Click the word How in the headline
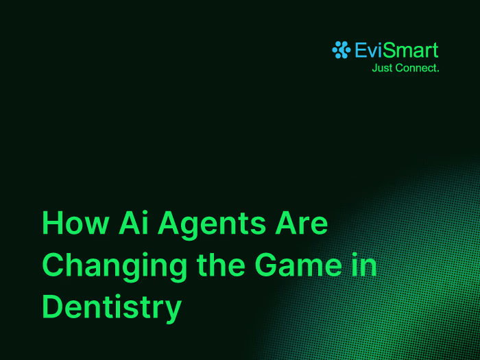tap(75, 223)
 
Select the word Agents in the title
tap(212, 226)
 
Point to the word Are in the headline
tap(302, 223)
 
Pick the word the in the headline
tap(221, 265)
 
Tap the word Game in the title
tap(298, 265)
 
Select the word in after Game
tap(364, 265)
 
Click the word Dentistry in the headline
tap(112, 309)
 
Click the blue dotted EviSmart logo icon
tap(341, 49)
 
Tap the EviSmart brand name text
tap(396, 50)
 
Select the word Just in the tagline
tap(382, 68)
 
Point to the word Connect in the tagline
tap(415, 68)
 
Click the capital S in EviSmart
tap(389, 50)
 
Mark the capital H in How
tap(53, 223)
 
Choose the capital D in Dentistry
tap(52, 307)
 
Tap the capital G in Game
tap(265, 265)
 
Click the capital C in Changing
tap(53, 265)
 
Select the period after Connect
tap(437, 71)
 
